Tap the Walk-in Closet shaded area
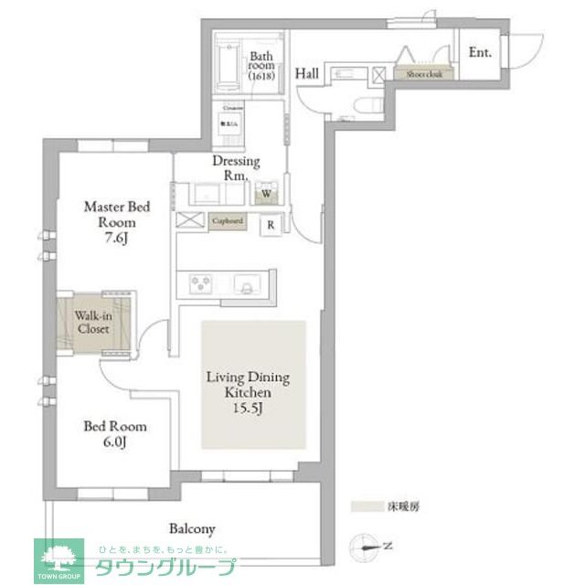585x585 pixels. (x=95, y=322)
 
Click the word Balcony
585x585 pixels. (x=192, y=528)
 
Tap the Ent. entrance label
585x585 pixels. (x=480, y=53)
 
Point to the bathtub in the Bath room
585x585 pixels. (x=226, y=63)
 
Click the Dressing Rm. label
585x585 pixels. (x=236, y=168)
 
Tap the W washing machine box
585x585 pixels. (x=266, y=194)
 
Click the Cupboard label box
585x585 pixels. (x=228, y=221)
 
